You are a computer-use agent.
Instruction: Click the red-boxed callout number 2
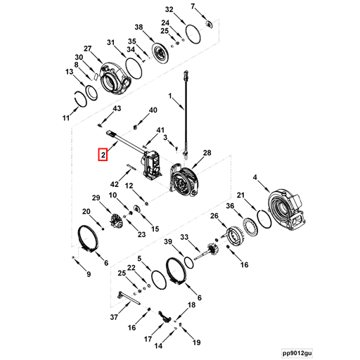[x=103, y=155]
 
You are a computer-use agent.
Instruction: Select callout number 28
[x=207, y=153]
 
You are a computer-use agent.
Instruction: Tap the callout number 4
[x=255, y=177]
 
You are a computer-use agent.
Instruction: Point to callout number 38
[x=139, y=27]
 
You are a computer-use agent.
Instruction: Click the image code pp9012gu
[x=297, y=353]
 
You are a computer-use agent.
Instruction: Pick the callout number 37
[x=114, y=317]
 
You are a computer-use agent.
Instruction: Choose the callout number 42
[x=115, y=184]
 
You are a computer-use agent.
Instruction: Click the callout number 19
[x=196, y=342]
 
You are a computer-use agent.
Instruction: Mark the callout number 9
[x=89, y=274]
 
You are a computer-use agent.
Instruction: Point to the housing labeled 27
[x=115, y=78]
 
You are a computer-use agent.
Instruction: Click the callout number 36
[x=230, y=206]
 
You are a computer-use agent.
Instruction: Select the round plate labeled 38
[x=160, y=53]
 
